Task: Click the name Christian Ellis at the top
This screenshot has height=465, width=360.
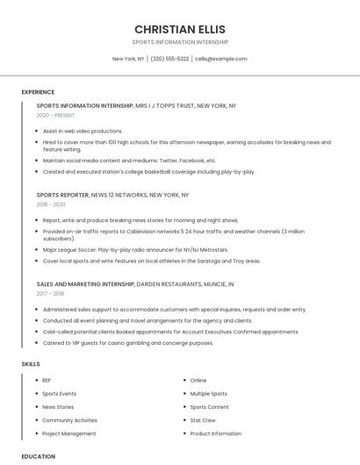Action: coord(179,29)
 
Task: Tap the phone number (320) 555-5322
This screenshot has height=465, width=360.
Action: coord(169,59)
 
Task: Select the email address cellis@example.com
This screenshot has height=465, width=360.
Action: coord(221,59)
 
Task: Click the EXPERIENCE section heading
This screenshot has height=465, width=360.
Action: coord(38,92)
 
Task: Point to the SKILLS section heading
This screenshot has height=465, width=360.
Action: coord(31,363)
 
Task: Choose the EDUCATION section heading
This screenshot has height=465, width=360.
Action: coord(39,456)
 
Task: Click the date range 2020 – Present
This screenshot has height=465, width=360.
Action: coord(55,115)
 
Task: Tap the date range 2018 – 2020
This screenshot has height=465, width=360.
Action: coord(51,204)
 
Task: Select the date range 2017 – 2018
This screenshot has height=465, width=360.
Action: coord(50,294)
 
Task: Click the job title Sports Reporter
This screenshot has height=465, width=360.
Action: coord(62,195)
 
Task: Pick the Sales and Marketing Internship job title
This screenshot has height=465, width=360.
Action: coord(85,284)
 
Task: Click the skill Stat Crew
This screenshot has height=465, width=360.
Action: coord(203,420)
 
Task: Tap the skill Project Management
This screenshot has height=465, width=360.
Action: coord(69,433)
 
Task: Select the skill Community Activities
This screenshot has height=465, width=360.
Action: coord(69,420)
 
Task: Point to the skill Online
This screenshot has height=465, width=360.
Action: coord(198,380)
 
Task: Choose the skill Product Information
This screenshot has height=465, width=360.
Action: coord(215,433)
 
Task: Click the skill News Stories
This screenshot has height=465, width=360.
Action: coord(58,407)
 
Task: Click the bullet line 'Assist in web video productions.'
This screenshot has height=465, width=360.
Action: coord(83,131)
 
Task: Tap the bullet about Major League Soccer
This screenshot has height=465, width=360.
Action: coord(135,249)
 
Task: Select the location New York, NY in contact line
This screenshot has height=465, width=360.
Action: coord(128,59)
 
